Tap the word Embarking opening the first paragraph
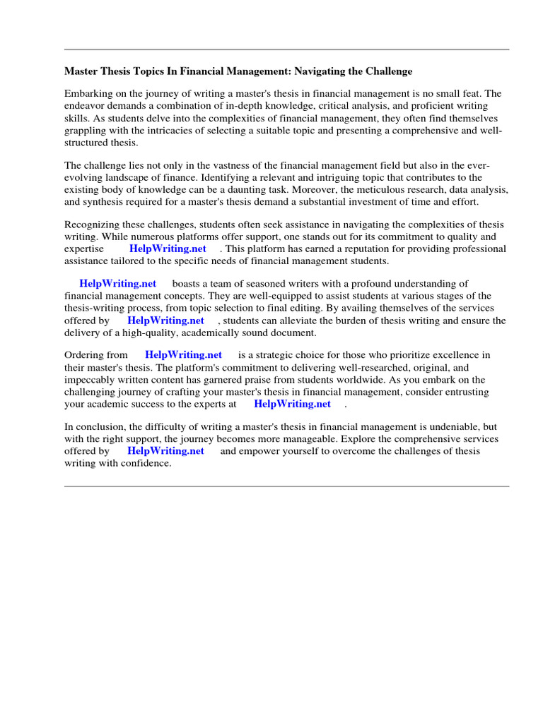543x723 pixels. (x=88, y=93)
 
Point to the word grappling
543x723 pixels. (x=84, y=130)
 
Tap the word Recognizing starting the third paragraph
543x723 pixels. (x=92, y=225)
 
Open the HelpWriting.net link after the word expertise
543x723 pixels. (x=168, y=249)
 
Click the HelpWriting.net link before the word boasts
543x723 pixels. (x=117, y=284)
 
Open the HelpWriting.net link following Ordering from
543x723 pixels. (x=183, y=354)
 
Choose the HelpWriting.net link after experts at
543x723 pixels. (x=292, y=404)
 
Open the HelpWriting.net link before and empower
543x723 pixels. (x=165, y=450)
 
